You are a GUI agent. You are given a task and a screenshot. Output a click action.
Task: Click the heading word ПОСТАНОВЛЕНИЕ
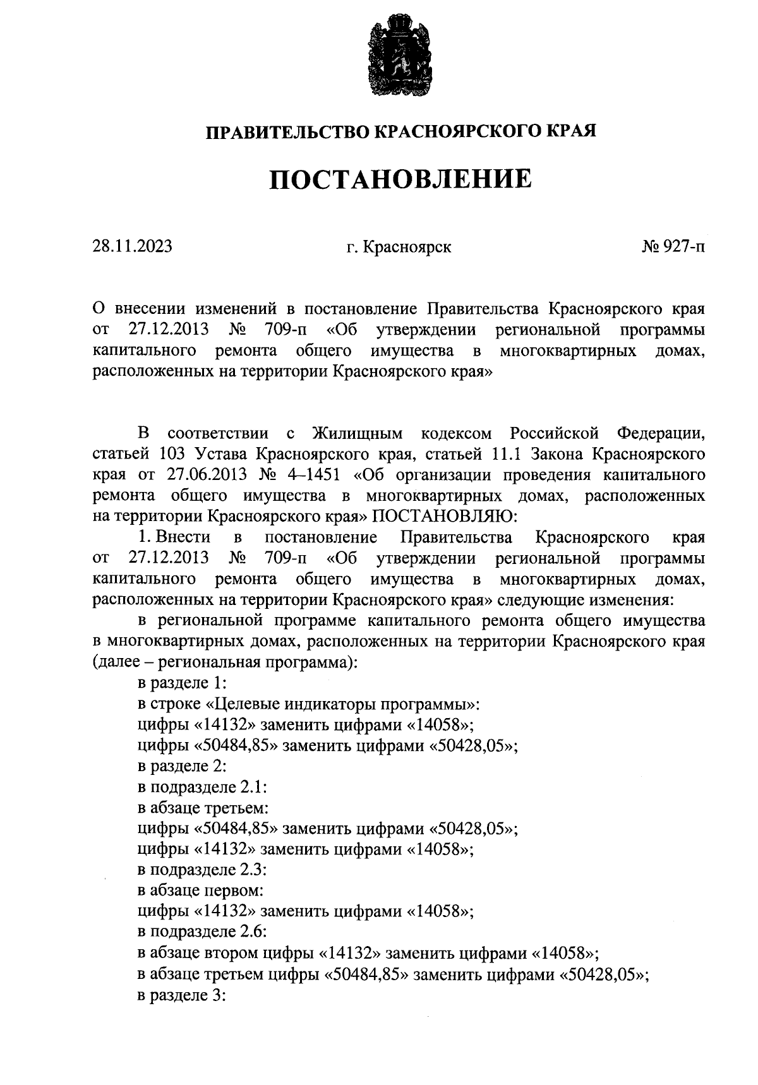click(400, 179)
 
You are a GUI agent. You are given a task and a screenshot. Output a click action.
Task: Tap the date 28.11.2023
click(132, 246)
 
